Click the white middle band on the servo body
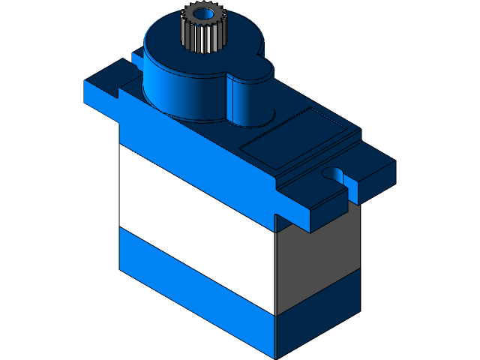195,225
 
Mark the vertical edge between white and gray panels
277,270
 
